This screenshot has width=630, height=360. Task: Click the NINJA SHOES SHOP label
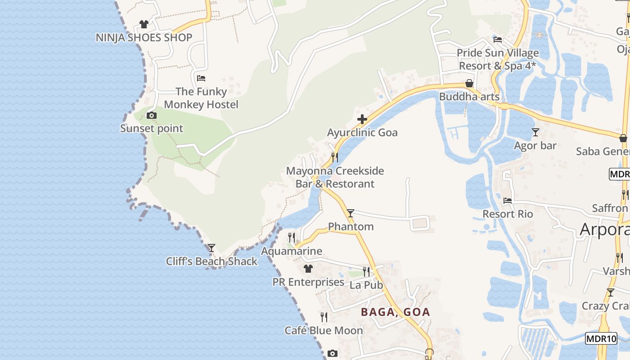point(144,38)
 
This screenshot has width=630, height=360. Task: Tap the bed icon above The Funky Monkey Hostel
point(201,78)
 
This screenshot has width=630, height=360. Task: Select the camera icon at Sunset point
point(152,116)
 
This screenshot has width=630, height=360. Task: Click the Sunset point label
point(152,129)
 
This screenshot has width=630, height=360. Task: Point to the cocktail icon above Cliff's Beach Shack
point(211,248)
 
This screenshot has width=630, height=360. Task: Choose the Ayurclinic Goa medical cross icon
point(362,119)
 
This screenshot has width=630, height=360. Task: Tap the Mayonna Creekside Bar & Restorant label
point(335,177)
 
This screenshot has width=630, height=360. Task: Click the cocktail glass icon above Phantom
point(351,213)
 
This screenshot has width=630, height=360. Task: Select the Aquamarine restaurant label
point(292,251)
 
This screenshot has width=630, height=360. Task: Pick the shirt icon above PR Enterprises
point(308,269)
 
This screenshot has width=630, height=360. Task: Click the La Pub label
point(366,285)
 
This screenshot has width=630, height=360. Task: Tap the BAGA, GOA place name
point(396,312)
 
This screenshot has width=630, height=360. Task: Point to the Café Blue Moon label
point(324,331)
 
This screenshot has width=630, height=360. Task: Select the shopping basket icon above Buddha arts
point(469,83)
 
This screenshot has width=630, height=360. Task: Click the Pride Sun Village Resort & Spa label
point(498,59)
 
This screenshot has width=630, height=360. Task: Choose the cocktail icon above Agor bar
point(535,132)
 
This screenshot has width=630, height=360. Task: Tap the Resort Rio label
point(508,214)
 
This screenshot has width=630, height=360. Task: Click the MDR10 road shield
point(601,339)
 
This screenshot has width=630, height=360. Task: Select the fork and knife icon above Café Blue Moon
point(324,317)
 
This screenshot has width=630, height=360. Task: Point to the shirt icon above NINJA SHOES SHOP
point(144,24)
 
